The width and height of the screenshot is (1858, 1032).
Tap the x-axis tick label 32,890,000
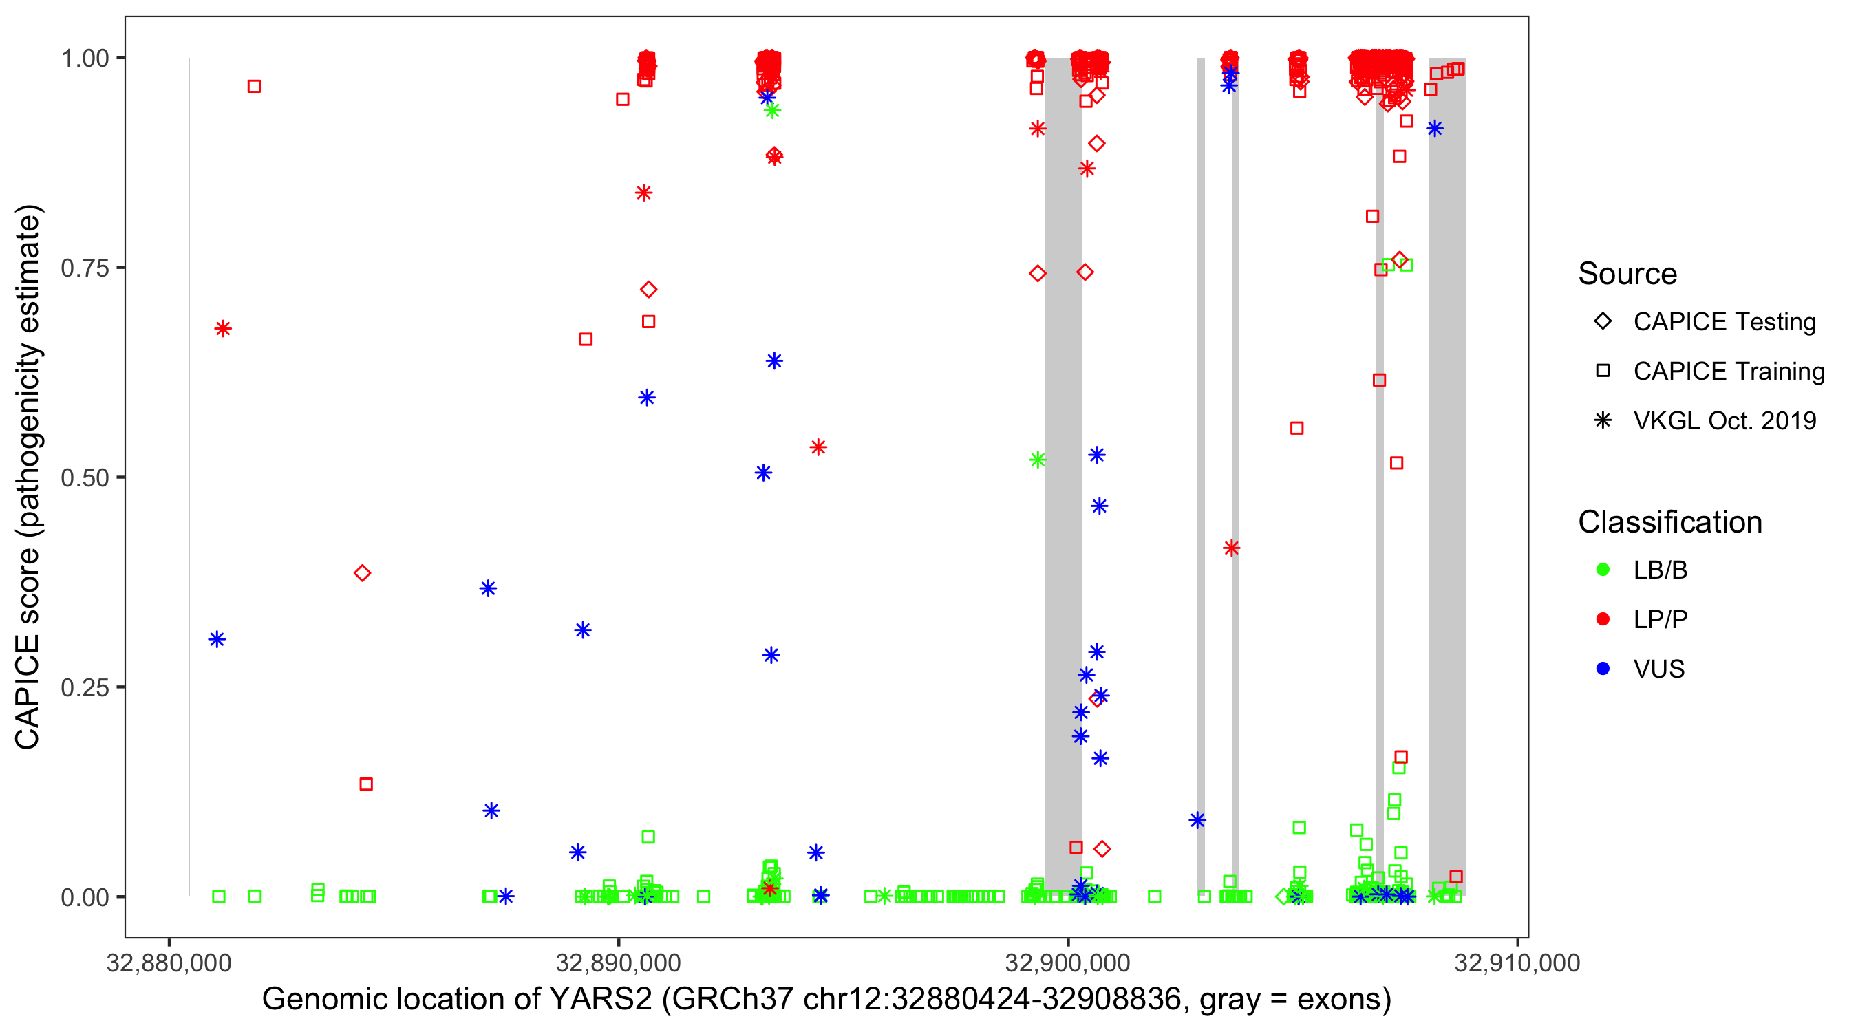click(x=618, y=963)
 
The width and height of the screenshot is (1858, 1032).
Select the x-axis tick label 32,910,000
click(x=1517, y=963)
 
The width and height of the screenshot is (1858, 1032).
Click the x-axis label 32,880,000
click(x=169, y=963)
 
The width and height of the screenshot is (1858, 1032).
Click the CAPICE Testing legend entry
click(x=1724, y=322)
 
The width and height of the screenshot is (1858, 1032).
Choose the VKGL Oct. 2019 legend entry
click(x=1724, y=420)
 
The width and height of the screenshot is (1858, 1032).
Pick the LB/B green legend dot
click(x=1603, y=570)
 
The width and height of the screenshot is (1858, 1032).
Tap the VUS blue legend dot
click(x=1603, y=669)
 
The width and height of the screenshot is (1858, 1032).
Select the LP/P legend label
click(x=1661, y=619)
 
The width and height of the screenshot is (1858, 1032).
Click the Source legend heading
click(x=1627, y=274)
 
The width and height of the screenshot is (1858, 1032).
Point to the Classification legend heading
click(x=1669, y=522)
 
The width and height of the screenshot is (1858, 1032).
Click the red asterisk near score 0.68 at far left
click(x=223, y=329)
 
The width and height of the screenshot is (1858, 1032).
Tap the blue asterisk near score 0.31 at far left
click(x=217, y=640)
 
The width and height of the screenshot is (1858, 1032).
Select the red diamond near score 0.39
click(x=362, y=573)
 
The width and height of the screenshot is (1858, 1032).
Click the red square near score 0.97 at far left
click(x=254, y=87)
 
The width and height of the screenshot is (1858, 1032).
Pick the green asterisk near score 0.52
click(x=1037, y=460)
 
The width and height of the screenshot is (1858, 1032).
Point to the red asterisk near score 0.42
click(x=1231, y=548)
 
